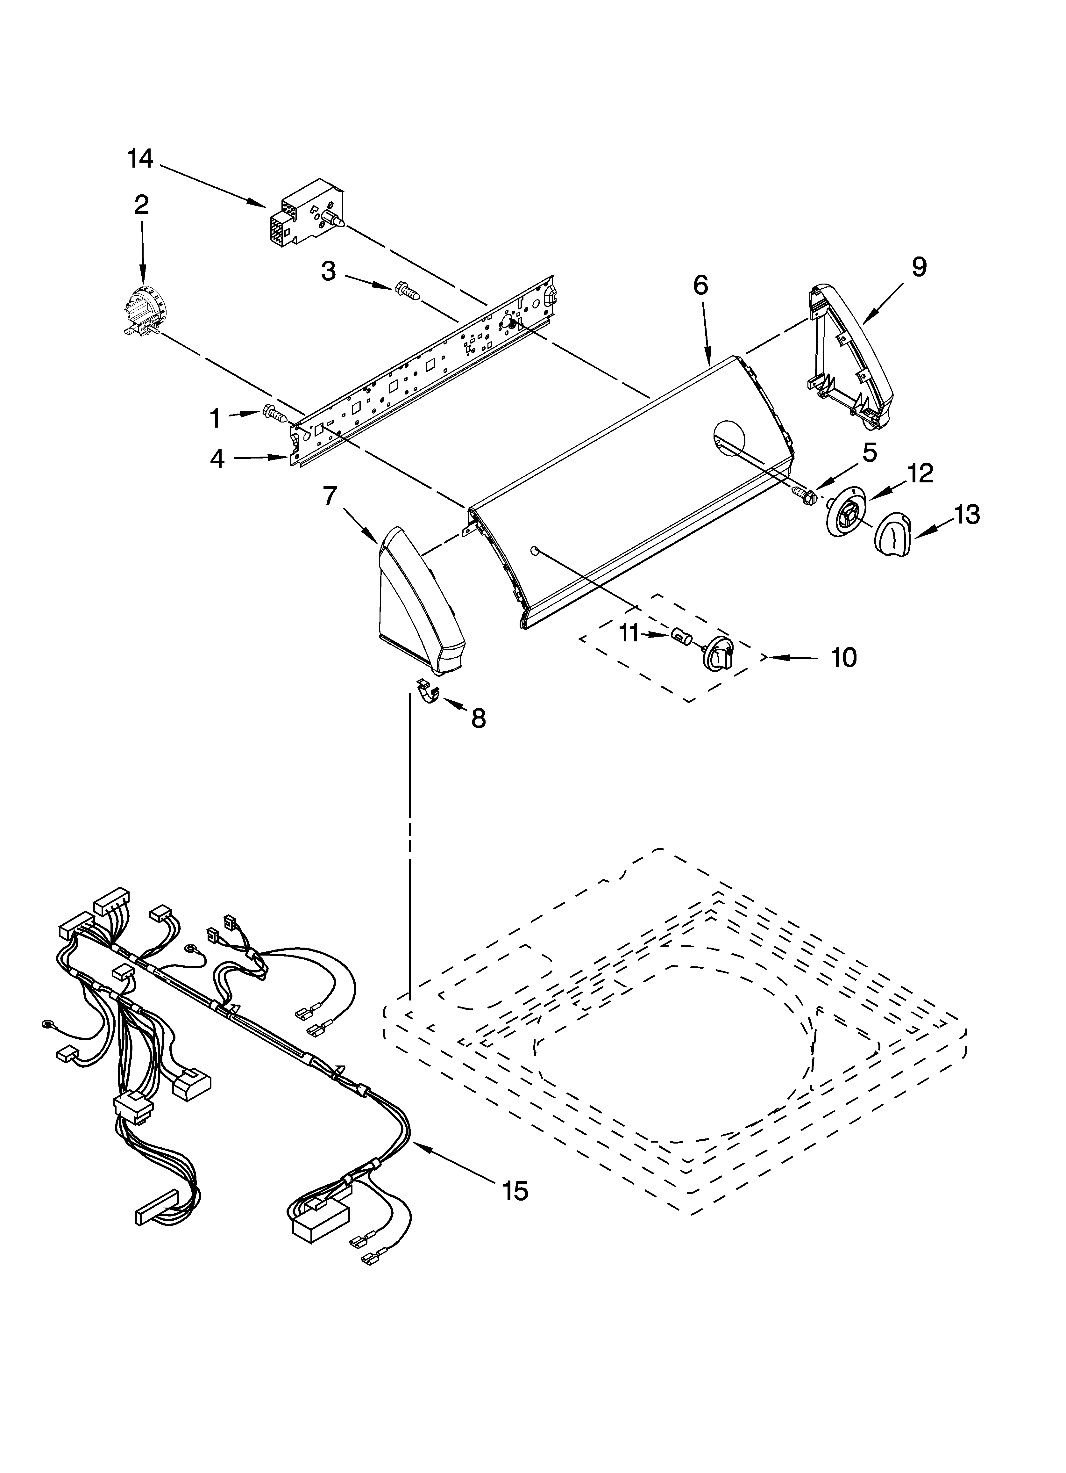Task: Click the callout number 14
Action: (x=140, y=158)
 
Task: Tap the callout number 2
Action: (x=141, y=205)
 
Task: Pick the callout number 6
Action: (x=700, y=285)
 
